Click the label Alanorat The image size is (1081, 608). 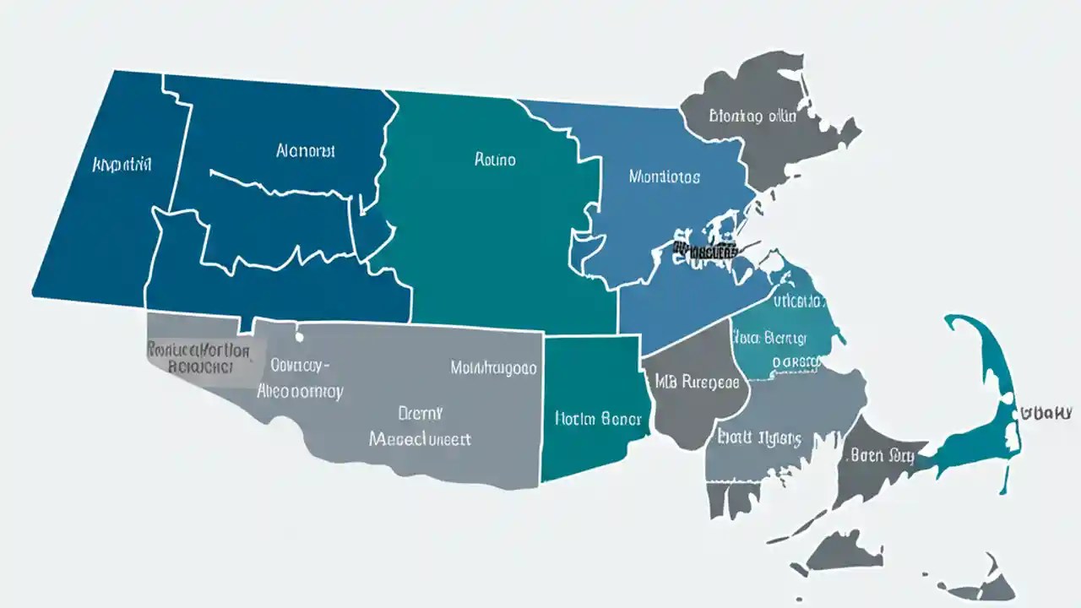pyautogui.click(x=305, y=151)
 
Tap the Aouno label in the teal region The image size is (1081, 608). pyautogui.click(x=495, y=159)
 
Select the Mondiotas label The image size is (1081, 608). pyautogui.click(x=664, y=177)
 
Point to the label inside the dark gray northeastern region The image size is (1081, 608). pyautogui.click(x=752, y=117)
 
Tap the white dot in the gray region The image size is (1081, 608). pyautogui.click(x=299, y=337)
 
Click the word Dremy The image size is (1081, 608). pyautogui.click(x=421, y=413)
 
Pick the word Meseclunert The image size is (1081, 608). pyautogui.click(x=420, y=439)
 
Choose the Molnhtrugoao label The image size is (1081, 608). pyautogui.click(x=493, y=368)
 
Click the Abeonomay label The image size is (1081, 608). pyautogui.click(x=299, y=392)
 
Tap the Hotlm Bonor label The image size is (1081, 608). pyautogui.click(x=598, y=418)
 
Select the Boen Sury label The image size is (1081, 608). pyautogui.click(x=882, y=456)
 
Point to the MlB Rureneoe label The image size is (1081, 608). pyautogui.click(x=697, y=383)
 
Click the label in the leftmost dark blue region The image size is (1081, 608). pyautogui.click(x=122, y=165)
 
